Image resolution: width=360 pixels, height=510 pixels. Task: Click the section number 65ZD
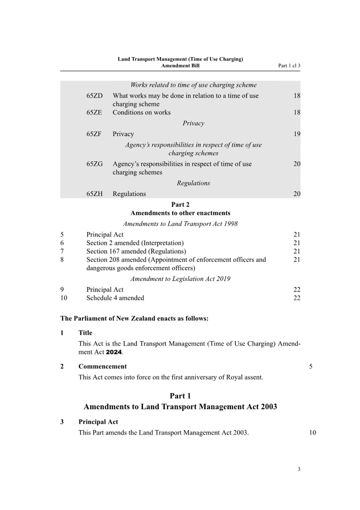coord(94,96)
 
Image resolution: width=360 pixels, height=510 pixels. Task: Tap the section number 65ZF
coord(94,134)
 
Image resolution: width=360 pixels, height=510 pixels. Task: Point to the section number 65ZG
coord(94,164)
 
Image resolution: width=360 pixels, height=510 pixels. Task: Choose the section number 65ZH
coord(94,194)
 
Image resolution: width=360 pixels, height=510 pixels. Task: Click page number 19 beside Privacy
coord(297,134)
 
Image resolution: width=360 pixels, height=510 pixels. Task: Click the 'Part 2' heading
coord(180,205)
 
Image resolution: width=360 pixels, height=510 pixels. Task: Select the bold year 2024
coord(114,352)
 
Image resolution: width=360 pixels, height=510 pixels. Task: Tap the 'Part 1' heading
coord(180,396)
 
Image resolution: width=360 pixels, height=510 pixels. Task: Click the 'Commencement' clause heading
coord(102,367)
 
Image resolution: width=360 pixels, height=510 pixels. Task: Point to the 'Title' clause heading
coord(85,333)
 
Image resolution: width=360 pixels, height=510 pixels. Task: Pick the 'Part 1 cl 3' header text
coord(289,66)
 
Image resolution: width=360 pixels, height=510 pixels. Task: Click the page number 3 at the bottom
coord(299,469)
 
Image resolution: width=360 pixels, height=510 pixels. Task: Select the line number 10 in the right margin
coord(312,433)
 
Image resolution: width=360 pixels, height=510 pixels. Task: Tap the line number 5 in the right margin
coord(311,367)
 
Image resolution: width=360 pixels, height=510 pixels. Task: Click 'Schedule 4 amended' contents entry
coord(115,298)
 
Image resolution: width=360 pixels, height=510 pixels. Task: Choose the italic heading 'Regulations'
coord(194,183)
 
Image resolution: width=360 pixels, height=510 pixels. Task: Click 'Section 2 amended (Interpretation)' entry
coord(135,243)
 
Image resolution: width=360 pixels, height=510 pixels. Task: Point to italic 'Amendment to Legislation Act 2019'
coord(180,279)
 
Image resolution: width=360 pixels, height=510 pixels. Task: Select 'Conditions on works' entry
coord(142,112)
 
